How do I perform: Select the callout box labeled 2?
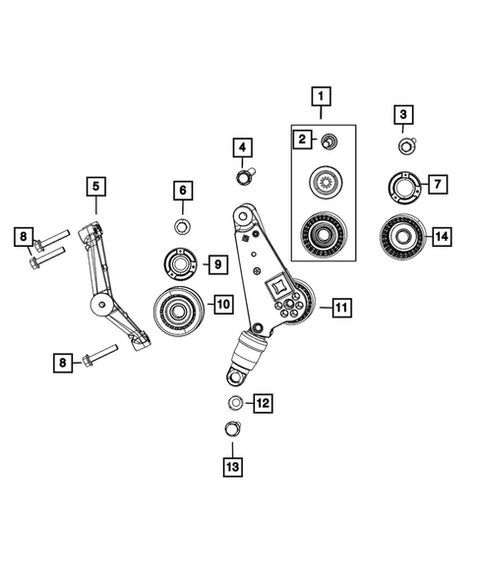coord(304,140)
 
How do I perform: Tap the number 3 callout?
coord(402,116)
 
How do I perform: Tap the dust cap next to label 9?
coord(179,264)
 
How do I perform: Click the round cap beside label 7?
coord(403,184)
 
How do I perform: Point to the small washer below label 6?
coord(181,228)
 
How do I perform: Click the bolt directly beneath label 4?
coord(243,177)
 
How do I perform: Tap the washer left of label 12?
coord(236,402)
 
